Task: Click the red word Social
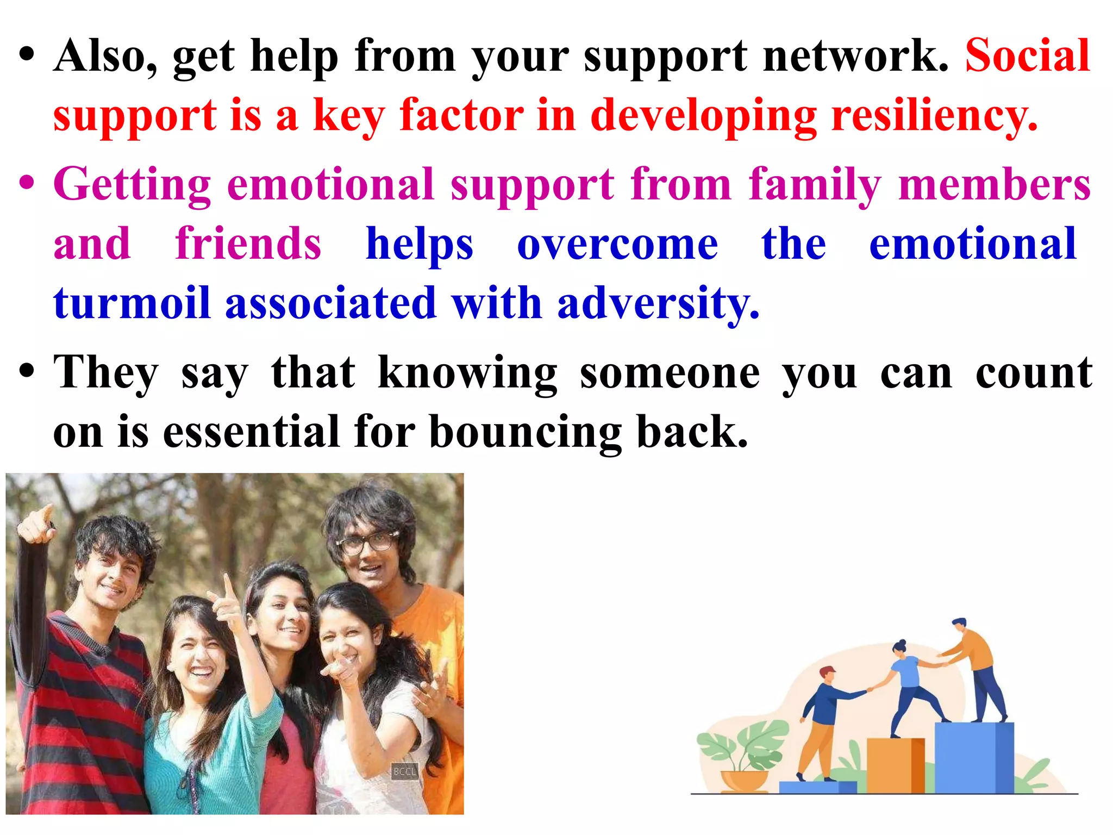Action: point(1027,55)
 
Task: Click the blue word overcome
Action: point(617,245)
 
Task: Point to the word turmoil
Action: point(132,303)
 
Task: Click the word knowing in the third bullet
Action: point(467,374)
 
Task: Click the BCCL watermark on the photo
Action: point(404,771)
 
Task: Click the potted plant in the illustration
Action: point(742,756)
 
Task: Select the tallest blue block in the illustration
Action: point(974,758)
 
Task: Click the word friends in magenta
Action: point(248,245)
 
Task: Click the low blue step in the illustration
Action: point(817,787)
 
